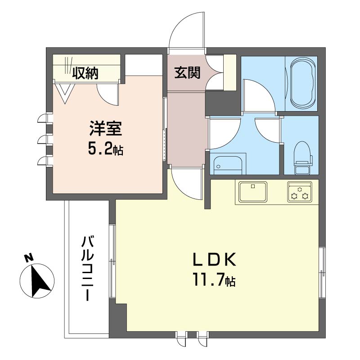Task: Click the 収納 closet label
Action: [86, 72]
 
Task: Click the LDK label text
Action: [214, 260]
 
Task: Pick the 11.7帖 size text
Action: [214, 280]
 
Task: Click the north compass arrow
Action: [39, 282]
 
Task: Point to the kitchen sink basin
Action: [253, 192]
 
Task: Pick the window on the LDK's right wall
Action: [322, 272]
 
